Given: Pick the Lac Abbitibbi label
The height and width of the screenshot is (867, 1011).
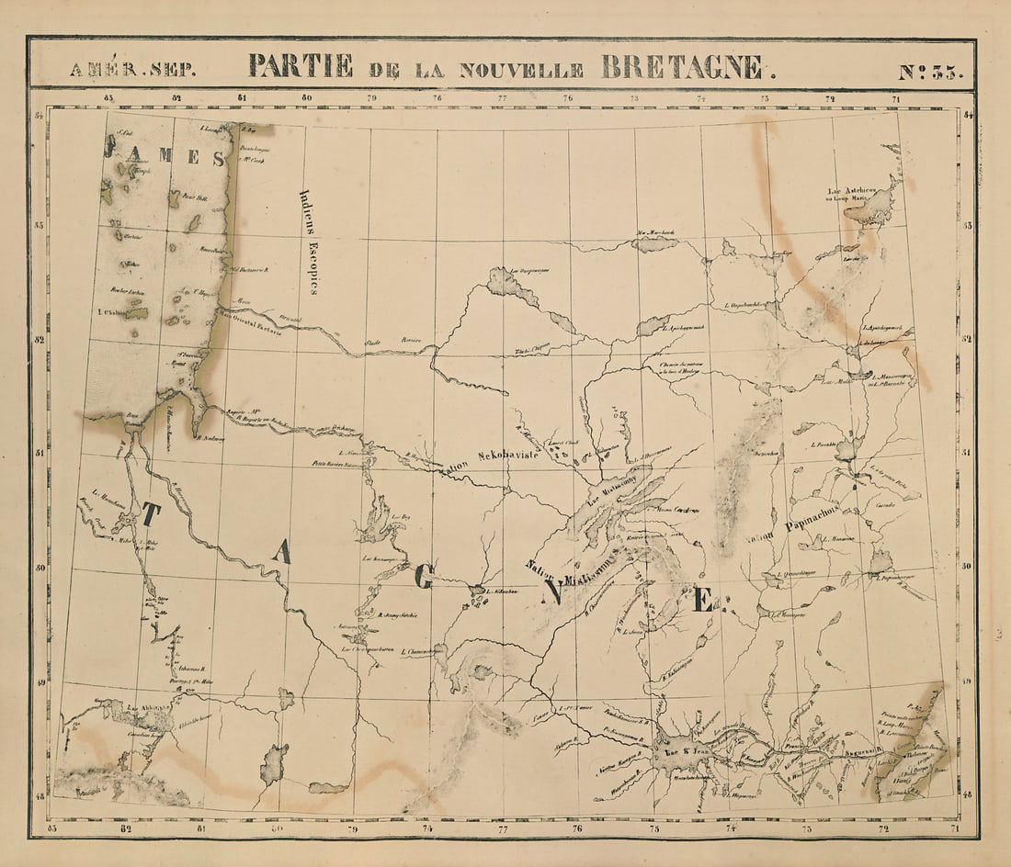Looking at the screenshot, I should click(x=147, y=708).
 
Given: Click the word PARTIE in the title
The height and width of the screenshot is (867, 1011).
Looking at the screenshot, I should click(x=300, y=66).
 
